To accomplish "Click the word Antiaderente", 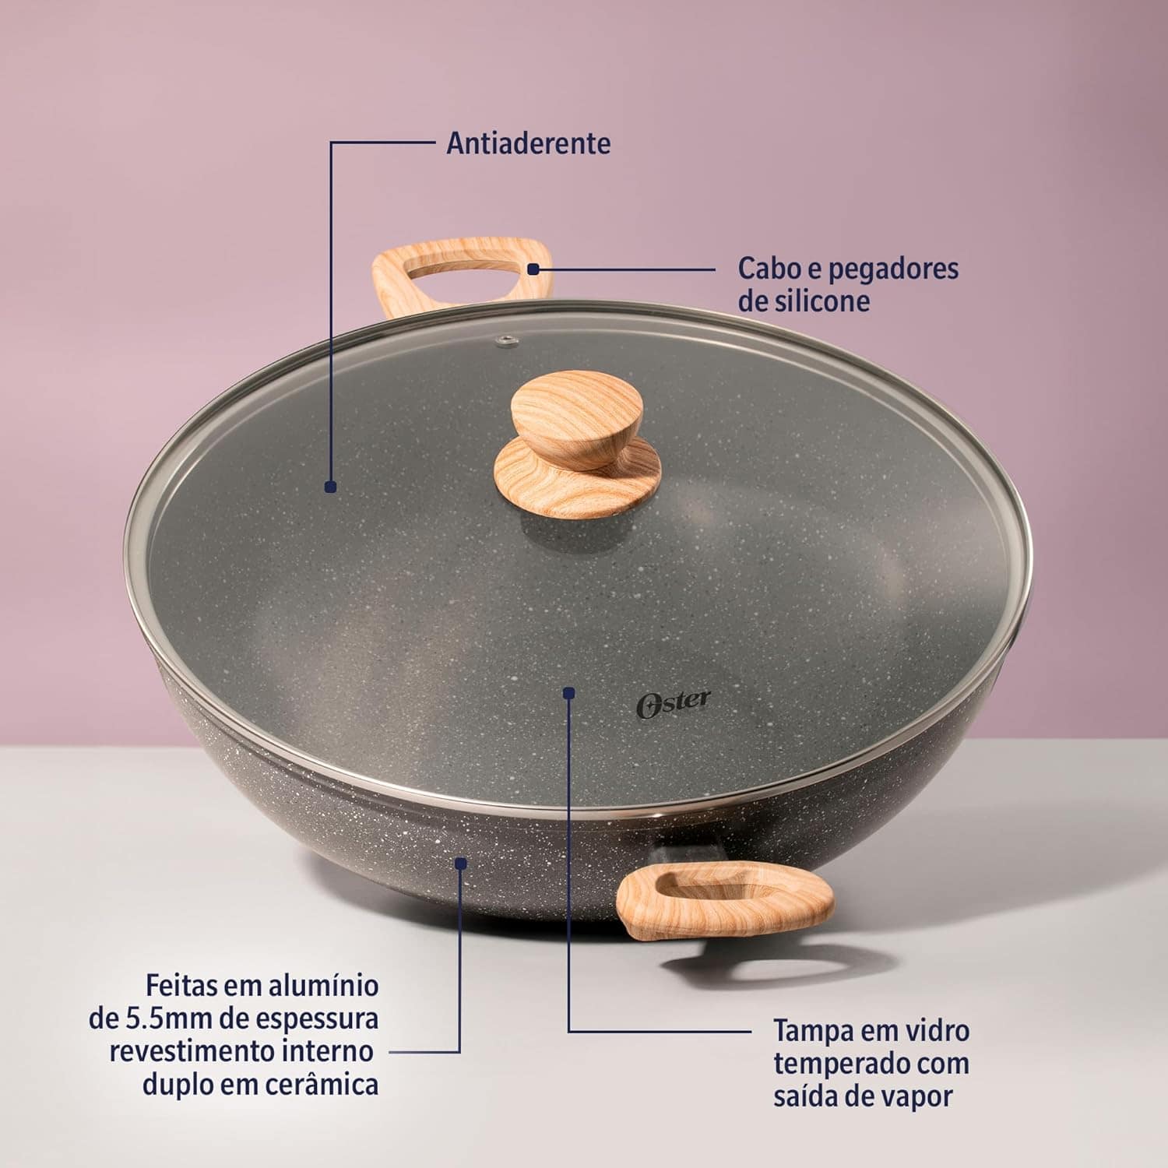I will (528, 143).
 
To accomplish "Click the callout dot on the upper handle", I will (533, 269).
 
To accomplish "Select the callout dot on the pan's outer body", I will (461, 864).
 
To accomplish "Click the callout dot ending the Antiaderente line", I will (330, 487).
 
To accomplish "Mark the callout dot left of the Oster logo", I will (569, 691).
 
